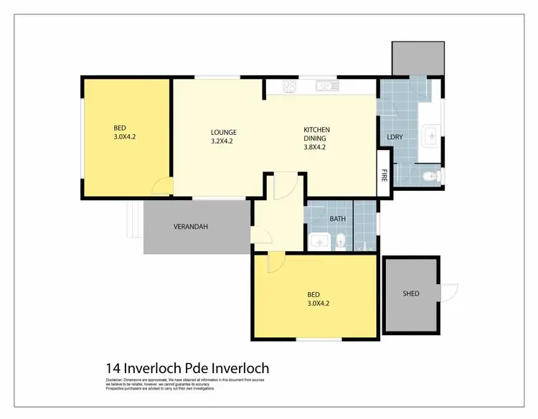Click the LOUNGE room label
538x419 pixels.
223,132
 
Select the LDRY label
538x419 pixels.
394,136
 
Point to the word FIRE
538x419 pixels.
384,174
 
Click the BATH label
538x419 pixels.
337,218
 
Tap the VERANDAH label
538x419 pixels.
191,227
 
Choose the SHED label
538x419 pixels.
410,293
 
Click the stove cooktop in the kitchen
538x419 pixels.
291,87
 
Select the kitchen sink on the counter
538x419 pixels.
325,87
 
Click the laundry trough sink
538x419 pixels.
431,133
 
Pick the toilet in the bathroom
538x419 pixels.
342,240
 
